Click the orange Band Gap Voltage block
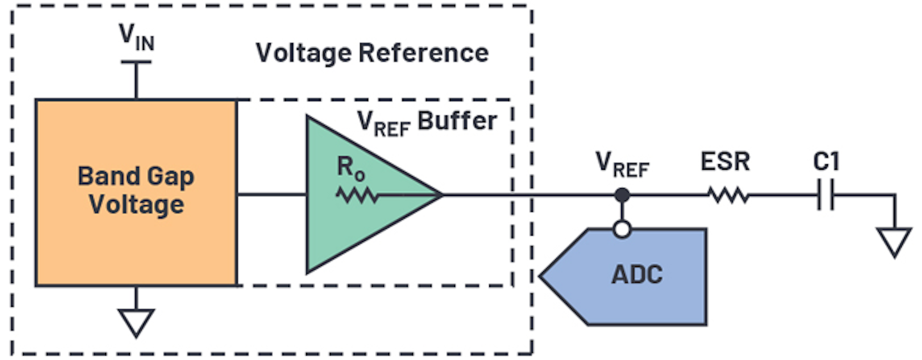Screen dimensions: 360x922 [x=136, y=192]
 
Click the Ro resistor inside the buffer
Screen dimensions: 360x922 [x=357, y=195]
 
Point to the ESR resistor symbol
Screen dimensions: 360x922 [x=728, y=195]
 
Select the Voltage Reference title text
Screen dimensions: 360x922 [x=372, y=53]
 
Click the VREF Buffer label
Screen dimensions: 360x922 [x=426, y=122]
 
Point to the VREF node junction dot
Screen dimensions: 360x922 [x=621, y=195]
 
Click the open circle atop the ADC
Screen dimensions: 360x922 [x=621, y=229]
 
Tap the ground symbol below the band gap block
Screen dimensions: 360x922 [x=136, y=322]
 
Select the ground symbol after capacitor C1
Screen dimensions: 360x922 [x=894, y=243]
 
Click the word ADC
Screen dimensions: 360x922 [x=637, y=275]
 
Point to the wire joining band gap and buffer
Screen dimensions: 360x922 [x=271, y=195]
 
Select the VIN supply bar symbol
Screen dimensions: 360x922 [x=136, y=62]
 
